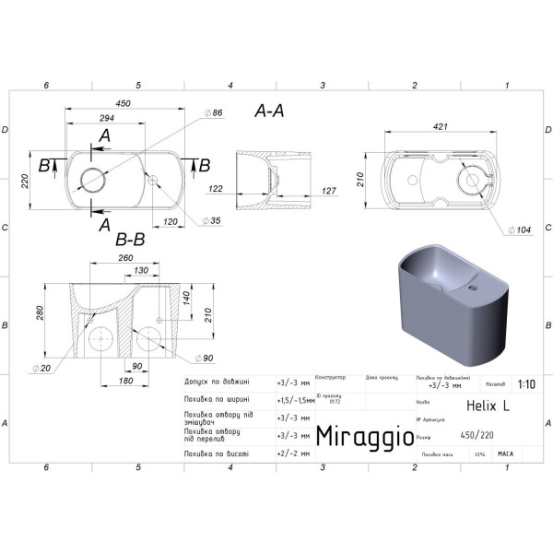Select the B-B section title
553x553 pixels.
tap(130, 239)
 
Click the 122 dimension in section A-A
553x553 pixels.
tap(216, 189)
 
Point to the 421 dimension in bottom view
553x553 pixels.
tap(443, 128)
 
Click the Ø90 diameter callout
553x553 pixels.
tap(206, 358)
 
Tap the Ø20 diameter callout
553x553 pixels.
tap(40, 369)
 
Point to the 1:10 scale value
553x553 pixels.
tap(525, 385)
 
